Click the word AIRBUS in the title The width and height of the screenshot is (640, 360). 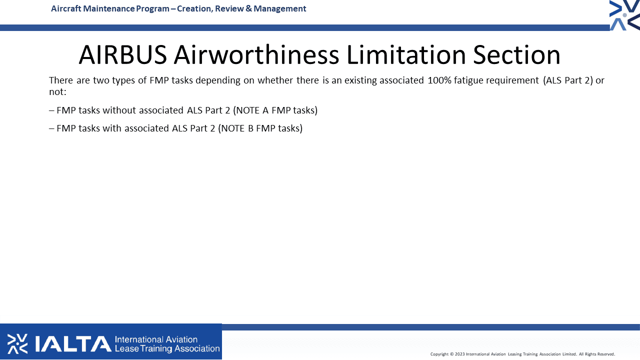[x=123, y=54]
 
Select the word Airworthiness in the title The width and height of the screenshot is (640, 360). [x=256, y=54]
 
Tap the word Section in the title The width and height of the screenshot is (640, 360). [x=516, y=54]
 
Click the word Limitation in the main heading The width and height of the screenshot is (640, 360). [x=406, y=54]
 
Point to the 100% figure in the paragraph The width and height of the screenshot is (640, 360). [x=439, y=80]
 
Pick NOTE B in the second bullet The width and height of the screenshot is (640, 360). [x=237, y=128]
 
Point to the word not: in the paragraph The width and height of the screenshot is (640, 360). [x=57, y=92]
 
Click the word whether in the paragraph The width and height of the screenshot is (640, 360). [x=275, y=80]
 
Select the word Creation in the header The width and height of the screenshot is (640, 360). [x=194, y=9]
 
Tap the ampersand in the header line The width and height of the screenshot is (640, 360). [x=248, y=8]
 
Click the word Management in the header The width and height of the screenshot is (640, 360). [x=279, y=9]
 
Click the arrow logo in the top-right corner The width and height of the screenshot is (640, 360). [x=625, y=15]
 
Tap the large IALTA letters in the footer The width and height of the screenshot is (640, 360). [x=73, y=344]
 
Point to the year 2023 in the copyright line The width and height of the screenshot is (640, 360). [x=459, y=354]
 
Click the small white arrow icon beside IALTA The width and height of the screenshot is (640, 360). [x=17, y=343]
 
